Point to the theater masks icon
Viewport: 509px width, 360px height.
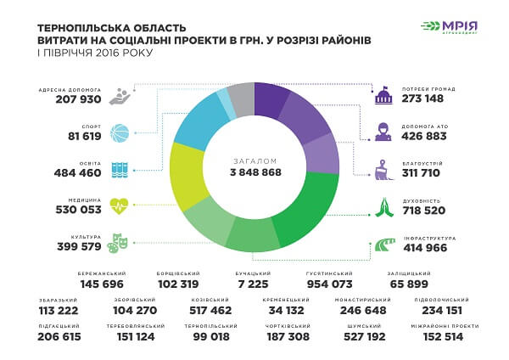(120, 244)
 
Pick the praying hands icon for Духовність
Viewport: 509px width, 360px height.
(384, 204)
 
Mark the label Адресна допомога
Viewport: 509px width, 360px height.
(70, 89)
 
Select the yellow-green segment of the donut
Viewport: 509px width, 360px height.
(186, 174)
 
